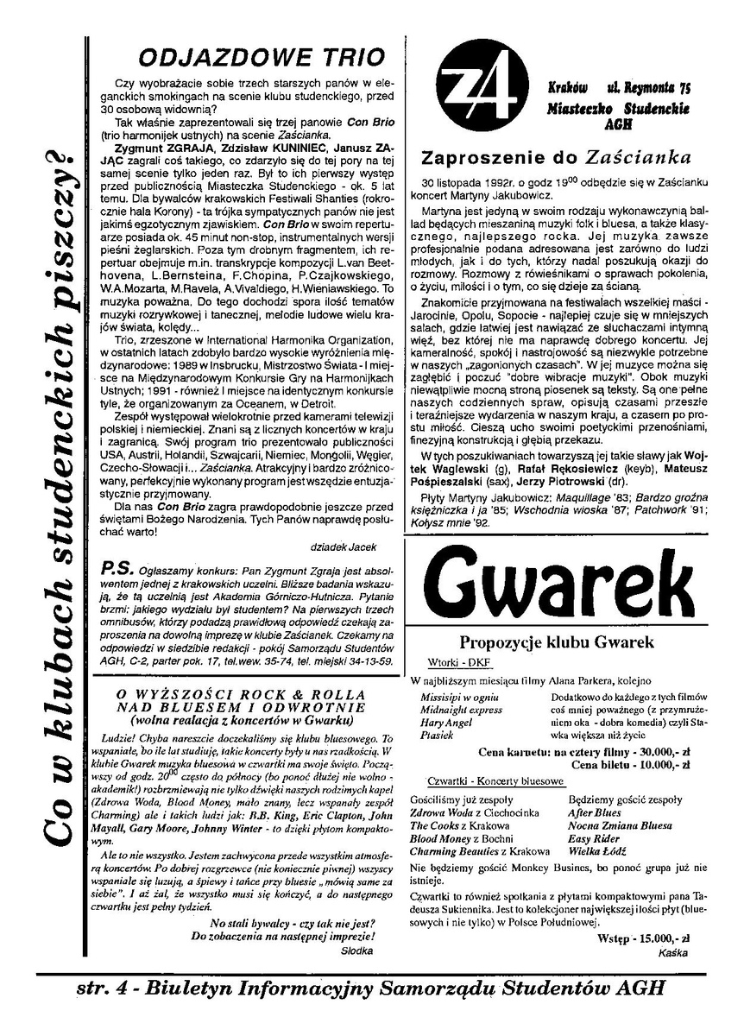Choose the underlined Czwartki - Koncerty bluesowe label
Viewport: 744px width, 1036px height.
[x=488, y=781]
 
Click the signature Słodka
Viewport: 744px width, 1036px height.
[x=357, y=950]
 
